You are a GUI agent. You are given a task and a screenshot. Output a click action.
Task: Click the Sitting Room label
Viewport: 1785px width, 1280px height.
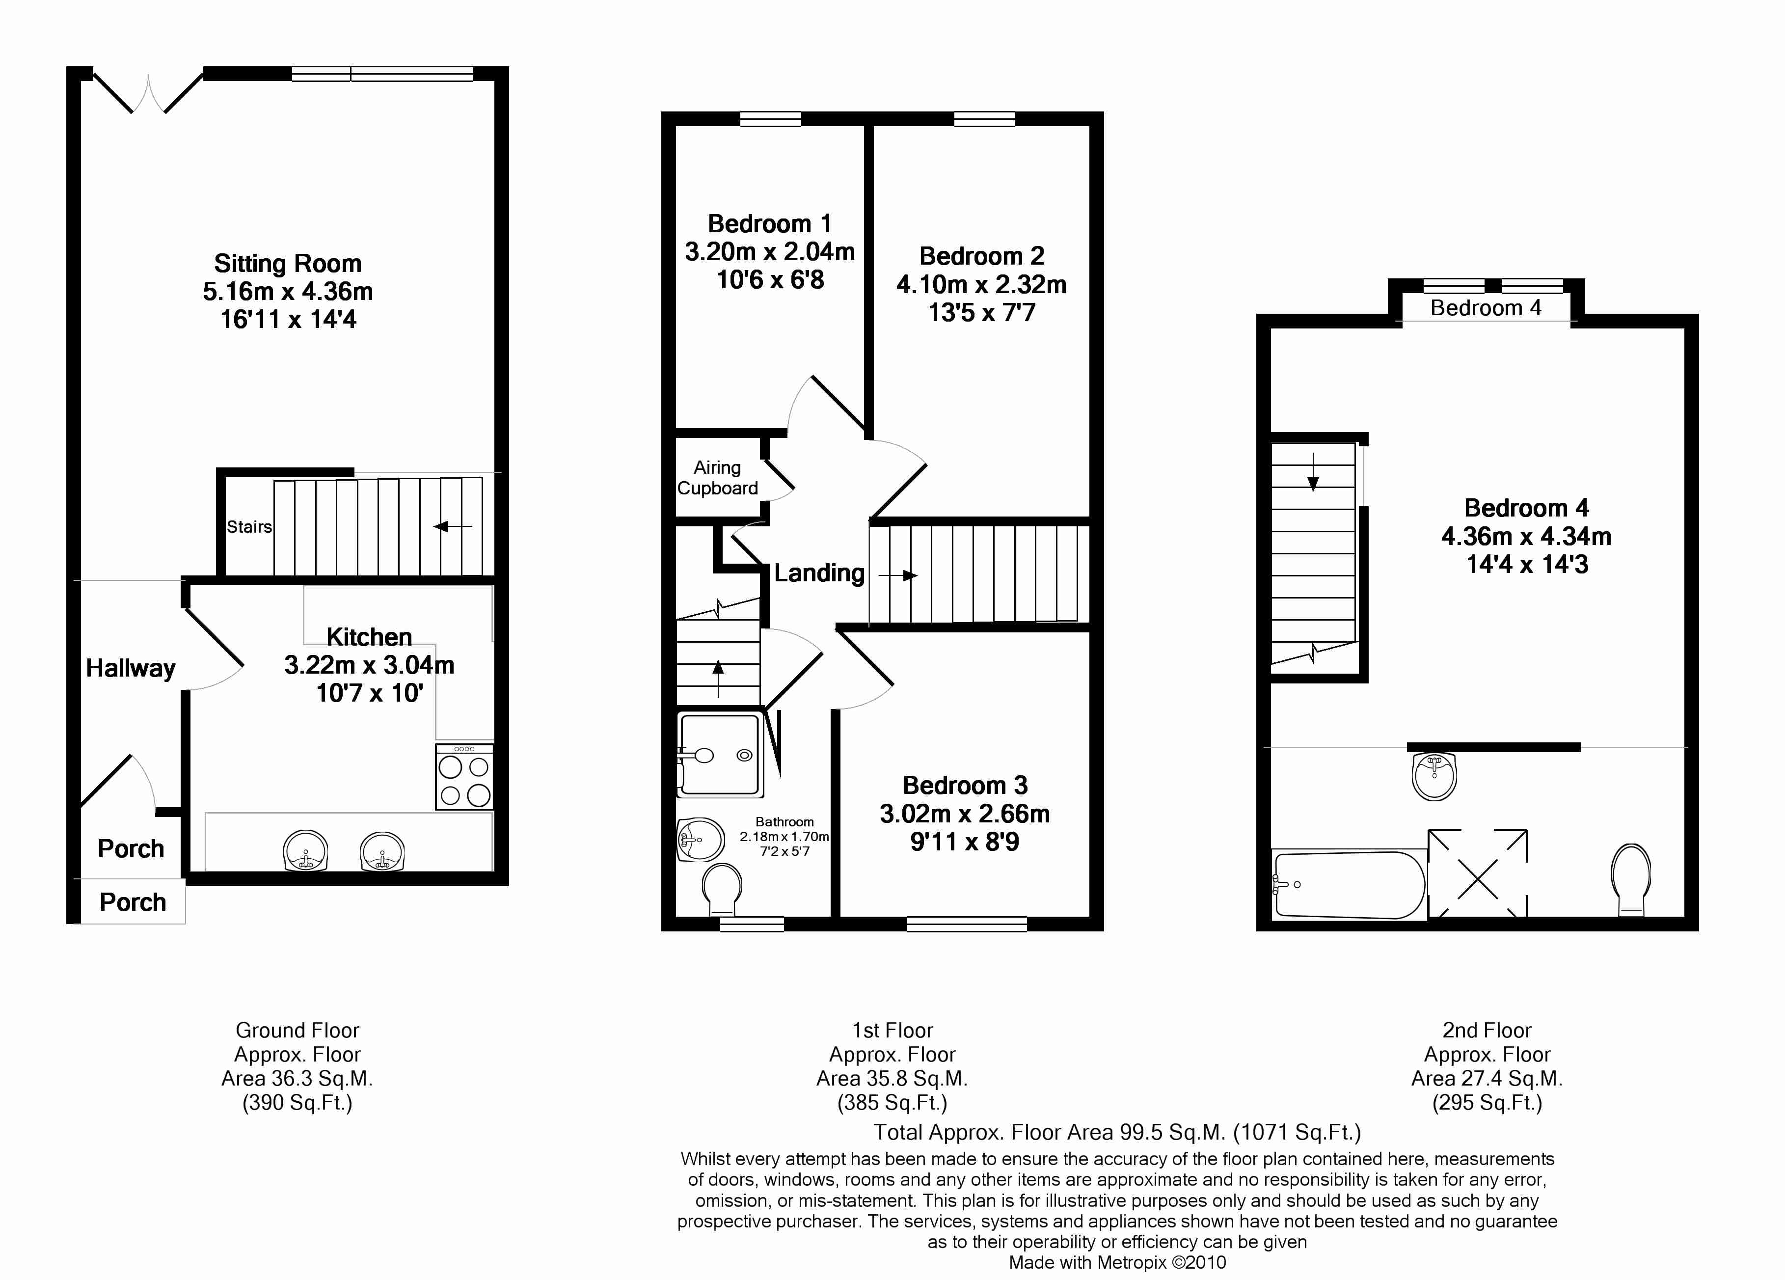coord(288,263)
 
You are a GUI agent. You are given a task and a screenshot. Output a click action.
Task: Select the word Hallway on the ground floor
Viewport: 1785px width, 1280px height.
coord(131,668)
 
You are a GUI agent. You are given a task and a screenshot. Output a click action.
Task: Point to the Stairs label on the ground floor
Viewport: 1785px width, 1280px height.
coord(249,527)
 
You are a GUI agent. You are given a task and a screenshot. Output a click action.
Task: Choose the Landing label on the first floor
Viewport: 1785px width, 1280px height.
coord(819,573)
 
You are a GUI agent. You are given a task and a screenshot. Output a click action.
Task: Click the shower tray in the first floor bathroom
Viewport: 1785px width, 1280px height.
coord(720,754)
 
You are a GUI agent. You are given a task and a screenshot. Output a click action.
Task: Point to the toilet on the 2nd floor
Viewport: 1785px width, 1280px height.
coord(1631,880)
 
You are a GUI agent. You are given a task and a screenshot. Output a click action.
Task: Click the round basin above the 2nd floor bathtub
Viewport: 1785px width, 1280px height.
coord(1435,776)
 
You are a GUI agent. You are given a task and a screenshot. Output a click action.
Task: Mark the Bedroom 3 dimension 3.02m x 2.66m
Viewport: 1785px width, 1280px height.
coord(965,813)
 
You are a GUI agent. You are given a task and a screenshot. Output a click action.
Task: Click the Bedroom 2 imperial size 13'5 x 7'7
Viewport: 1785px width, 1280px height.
coord(981,313)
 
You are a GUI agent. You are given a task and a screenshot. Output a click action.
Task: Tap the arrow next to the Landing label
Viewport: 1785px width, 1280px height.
coord(898,575)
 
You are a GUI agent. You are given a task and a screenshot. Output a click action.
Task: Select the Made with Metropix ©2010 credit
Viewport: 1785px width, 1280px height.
coord(1118,1263)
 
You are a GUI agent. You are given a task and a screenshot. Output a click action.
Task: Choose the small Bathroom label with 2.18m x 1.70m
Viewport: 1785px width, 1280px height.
coord(784,836)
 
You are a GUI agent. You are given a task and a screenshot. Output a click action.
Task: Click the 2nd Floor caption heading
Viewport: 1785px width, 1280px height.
coord(1487,1031)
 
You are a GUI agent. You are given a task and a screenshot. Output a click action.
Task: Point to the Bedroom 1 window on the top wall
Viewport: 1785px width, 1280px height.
coord(771,119)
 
